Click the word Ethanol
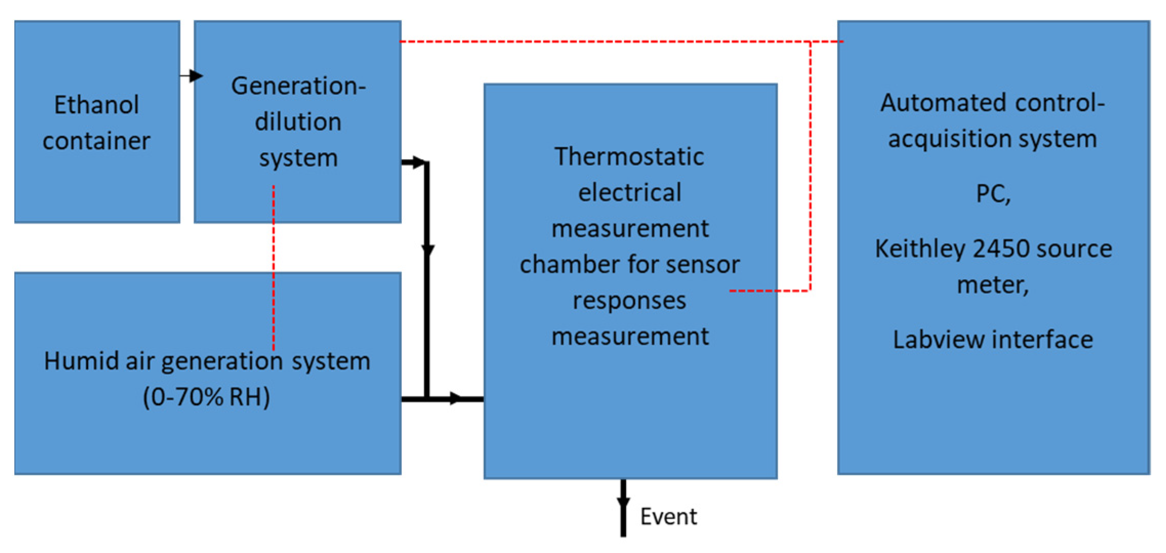(x=96, y=105)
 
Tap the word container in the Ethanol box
(x=96, y=141)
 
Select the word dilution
(x=298, y=122)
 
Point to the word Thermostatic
(x=629, y=156)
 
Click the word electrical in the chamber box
(x=630, y=193)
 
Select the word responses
(x=629, y=301)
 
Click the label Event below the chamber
(x=668, y=517)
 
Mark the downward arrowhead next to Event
(x=623, y=502)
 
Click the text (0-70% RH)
(x=206, y=397)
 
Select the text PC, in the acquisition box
(x=993, y=194)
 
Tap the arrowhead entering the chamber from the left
(x=455, y=398)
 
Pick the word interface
(x=1045, y=339)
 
